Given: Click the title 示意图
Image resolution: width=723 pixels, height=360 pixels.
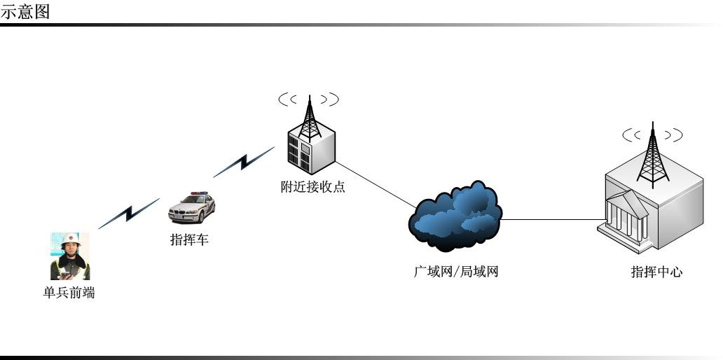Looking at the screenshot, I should [x=25, y=12].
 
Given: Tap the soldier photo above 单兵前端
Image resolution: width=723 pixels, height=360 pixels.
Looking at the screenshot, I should [x=70, y=256].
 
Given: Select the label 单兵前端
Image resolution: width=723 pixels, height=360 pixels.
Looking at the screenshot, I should [x=69, y=293].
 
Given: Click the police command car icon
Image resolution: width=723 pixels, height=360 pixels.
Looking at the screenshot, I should [x=191, y=207].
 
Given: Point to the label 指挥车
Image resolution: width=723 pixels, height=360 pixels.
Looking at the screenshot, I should [x=190, y=240].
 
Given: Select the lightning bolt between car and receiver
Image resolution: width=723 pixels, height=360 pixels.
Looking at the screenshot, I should [x=243, y=162].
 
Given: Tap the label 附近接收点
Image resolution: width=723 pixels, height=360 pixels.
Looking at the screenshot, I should [x=312, y=187].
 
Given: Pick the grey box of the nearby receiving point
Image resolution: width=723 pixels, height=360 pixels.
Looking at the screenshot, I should [x=312, y=151].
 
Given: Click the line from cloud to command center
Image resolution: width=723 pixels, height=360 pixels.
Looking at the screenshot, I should [x=551, y=219].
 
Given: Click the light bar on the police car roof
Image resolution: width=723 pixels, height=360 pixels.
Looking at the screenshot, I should [x=200, y=193].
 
